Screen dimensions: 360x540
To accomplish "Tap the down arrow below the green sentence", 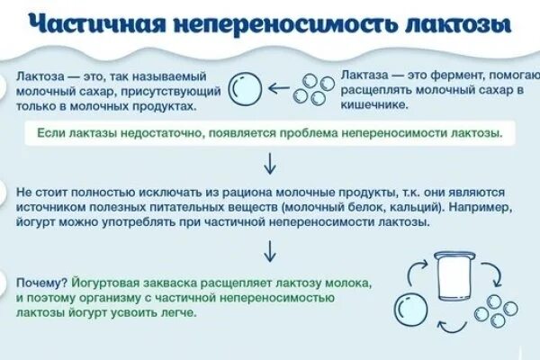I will click(268, 163).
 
